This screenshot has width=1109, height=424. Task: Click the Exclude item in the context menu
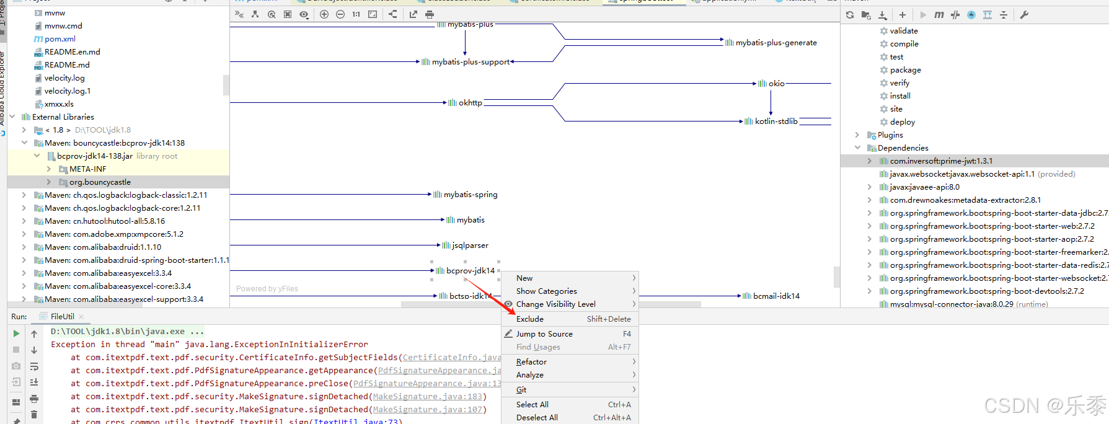(x=530, y=319)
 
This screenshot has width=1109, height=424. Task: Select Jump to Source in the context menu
(x=544, y=334)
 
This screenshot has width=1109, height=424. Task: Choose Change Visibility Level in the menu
(x=555, y=304)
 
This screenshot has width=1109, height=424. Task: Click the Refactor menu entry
(x=531, y=362)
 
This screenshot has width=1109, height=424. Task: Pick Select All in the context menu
(x=532, y=405)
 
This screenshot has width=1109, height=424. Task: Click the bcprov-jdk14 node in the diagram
(x=470, y=271)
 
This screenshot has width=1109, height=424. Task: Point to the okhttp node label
(x=470, y=103)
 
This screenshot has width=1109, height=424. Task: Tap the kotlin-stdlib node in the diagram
(x=775, y=121)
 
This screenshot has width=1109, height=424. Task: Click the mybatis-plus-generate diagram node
(x=775, y=43)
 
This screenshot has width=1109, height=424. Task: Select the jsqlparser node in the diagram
(x=469, y=245)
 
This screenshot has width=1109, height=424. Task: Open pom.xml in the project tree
(x=60, y=39)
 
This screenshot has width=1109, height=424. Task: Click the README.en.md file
(x=72, y=52)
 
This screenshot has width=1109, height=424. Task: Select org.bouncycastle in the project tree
(x=100, y=182)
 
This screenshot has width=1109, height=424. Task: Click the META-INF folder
(x=87, y=169)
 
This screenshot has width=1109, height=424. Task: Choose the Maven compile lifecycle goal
(x=904, y=44)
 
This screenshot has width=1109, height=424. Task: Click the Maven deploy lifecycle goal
(x=902, y=122)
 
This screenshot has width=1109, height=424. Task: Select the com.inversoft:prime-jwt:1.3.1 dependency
(x=941, y=161)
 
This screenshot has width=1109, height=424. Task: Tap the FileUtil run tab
(x=62, y=317)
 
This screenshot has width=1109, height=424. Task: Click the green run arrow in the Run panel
(x=16, y=333)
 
